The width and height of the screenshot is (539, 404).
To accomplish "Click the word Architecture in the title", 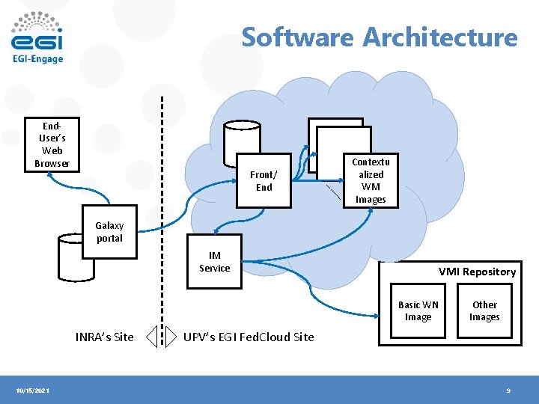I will [x=440, y=37].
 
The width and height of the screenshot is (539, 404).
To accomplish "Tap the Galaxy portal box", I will [x=109, y=231].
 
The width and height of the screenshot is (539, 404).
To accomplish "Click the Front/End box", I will [x=264, y=181].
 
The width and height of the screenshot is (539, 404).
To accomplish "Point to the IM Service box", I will [x=215, y=262].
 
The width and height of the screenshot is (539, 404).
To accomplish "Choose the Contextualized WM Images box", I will [x=371, y=180].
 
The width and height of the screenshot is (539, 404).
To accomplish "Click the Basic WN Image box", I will [x=418, y=310].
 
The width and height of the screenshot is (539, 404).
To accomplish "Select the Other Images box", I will [x=484, y=310].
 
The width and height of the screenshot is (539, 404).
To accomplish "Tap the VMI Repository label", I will [x=477, y=272].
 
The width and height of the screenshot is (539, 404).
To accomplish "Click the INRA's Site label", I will [x=105, y=337].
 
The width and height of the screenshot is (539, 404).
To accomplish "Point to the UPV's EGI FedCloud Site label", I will [x=249, y=337].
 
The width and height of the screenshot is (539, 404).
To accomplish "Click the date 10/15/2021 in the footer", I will [x=33, y=391].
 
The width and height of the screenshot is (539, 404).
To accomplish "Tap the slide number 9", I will [x=508, y=391].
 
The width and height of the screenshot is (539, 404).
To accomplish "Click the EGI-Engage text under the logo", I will [x=37, y=58].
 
